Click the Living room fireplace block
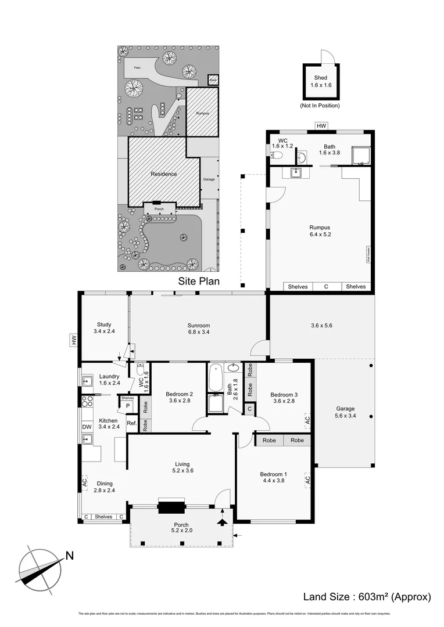[171, 507]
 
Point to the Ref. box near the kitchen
[132, 423]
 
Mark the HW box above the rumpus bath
[321, 125]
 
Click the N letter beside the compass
[69, 556]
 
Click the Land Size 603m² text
[367, 597]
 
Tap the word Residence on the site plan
[164, 174]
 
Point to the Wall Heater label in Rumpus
[368, 255]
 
